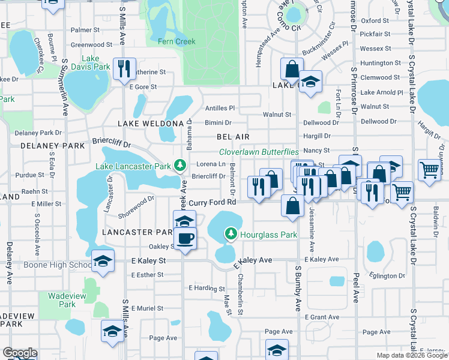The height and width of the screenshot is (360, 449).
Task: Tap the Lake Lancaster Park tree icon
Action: pos(178,165)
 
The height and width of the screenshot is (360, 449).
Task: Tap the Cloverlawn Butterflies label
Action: pos(259,152)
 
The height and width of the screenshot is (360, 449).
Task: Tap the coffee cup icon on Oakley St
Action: pos(185,237)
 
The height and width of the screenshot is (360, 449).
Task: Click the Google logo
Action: pos(20,353)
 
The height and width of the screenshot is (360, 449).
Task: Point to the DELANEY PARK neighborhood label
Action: pos(53,145)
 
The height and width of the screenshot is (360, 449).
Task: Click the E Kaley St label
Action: pos(148,261)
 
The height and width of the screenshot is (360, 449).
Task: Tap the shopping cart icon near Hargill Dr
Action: pos(430,170)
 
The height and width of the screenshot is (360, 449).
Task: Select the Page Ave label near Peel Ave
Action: pos(376,332)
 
